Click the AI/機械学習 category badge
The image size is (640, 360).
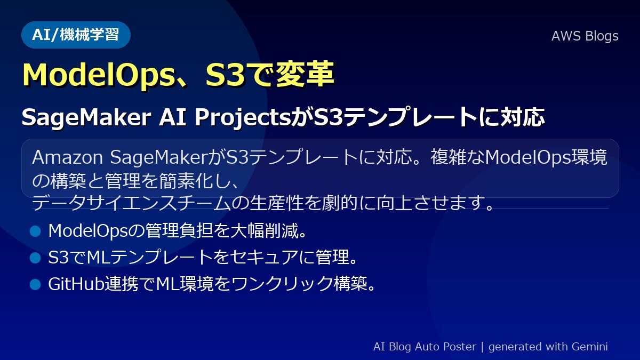coord(76,35)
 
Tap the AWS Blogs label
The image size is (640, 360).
coord(585,36)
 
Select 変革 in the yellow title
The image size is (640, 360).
coord(305,74)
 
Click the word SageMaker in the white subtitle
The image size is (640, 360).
coord(86,117)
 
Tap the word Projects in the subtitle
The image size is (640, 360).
coord(243,117)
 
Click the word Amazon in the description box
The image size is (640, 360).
coord(67,157)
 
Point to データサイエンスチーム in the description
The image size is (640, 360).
coord(131,203)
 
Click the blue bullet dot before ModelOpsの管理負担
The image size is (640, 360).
coord(35,231)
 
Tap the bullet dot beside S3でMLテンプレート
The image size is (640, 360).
coord(35,258)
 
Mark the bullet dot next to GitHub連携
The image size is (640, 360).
coord(35,284)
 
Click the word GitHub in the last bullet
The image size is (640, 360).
coord(76,284)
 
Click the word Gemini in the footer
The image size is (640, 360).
coord(590,347)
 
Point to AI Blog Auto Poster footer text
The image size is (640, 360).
coord(425,347)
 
